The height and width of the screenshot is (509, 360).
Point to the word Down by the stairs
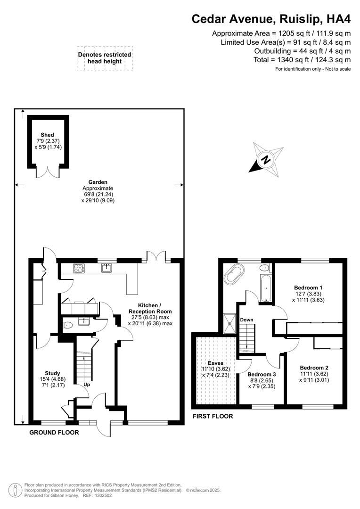click(247, 320)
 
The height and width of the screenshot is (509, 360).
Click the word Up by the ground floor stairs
click(87, 385)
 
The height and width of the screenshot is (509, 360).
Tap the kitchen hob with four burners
click(78, 268)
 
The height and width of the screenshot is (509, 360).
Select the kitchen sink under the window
click(106, 268)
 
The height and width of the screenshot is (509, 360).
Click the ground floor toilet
click(68, 324)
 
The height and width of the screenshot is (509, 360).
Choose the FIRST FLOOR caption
click(212, 416)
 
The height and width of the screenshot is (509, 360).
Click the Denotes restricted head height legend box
click(105, 58)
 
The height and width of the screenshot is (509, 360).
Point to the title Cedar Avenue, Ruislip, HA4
click(271, 19)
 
